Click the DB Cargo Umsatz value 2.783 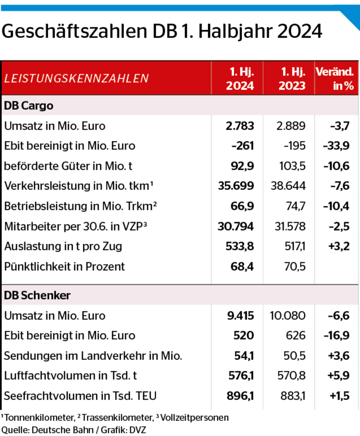coord(240,126)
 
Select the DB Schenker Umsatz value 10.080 coord(287,316)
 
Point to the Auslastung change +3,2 coord(339,246)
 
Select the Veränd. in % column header coord(335,79)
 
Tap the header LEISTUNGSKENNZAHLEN coord(76,78)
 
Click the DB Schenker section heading coord(37,296)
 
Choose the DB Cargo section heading coord(29,106)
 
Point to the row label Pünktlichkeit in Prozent coord(65,266)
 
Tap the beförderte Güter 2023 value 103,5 coord(292,166)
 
